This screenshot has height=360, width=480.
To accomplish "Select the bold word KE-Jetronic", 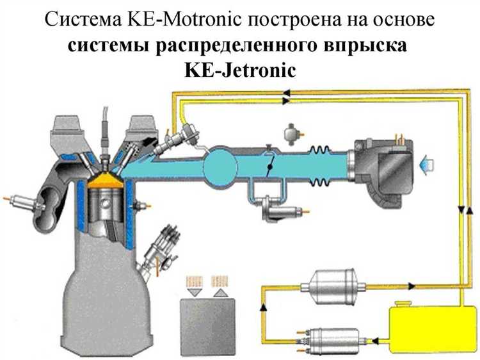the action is click(240, 70).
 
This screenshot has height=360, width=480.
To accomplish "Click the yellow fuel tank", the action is click(432, 328).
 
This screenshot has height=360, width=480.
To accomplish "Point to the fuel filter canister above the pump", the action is click(333, 286).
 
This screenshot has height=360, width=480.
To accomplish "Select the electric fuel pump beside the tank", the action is click(333, 340).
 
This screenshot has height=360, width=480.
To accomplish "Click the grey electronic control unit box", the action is click(207, 327).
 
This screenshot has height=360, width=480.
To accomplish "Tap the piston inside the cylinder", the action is click(106, 202).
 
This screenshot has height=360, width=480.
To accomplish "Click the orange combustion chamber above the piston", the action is click(105, 181).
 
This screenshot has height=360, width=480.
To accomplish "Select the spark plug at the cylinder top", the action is click(106, 144).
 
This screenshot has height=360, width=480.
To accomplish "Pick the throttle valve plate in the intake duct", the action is click(270, 165).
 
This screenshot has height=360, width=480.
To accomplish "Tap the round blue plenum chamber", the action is click(220, 165).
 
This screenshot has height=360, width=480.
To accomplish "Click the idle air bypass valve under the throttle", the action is click(279, 209).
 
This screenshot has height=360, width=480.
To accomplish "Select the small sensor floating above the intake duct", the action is click(292, 134).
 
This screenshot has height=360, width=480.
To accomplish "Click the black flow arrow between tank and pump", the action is click(376, 340).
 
